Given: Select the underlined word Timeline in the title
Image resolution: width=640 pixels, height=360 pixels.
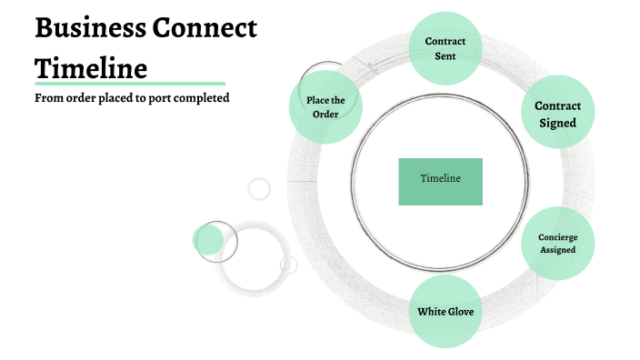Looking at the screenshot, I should coord(91,68).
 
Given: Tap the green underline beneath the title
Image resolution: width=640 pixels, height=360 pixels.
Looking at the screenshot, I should coord(130,84).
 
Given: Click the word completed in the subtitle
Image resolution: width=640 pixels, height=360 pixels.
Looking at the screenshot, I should coord(205,98).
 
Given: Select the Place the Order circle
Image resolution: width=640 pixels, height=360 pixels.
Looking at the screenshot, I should coord(325,107).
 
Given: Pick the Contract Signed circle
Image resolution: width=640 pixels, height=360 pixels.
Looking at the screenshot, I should coord(557,114).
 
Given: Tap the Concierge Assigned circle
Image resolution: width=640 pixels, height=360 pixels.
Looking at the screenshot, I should coord(557,243).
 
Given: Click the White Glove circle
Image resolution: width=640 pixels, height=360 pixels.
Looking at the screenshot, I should coord(445,312).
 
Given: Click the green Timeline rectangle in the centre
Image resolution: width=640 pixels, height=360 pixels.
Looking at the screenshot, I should coord(440,180).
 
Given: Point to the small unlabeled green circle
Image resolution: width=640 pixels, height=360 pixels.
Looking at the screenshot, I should coord(208,240).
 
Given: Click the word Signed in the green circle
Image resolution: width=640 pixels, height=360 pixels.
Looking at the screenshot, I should coord(557,123).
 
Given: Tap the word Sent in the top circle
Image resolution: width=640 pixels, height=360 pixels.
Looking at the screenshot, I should coord(445,56).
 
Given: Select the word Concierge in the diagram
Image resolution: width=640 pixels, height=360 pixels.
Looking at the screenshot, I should coord(557,236).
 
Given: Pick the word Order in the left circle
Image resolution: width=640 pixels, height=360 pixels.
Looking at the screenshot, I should coord(325,114).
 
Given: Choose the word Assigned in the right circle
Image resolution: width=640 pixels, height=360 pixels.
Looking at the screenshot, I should coord(557,249).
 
